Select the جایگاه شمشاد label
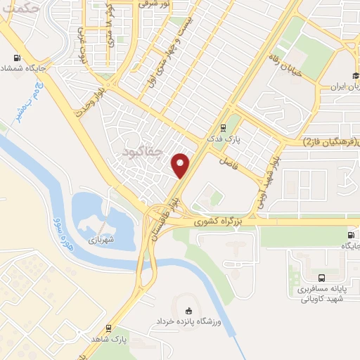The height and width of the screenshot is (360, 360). click(x=20, y=68)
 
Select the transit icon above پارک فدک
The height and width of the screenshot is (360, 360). click(x=223, y=128)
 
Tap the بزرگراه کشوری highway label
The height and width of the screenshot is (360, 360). click(x=220, y=221)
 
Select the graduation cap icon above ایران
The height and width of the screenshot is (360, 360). click(x=356, y=77)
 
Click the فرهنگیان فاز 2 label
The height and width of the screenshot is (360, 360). click(x=330, y=142)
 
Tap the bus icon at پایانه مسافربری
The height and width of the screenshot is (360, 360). click(x=321, y=278)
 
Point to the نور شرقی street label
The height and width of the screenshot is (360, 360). click(x=154, y=4)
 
